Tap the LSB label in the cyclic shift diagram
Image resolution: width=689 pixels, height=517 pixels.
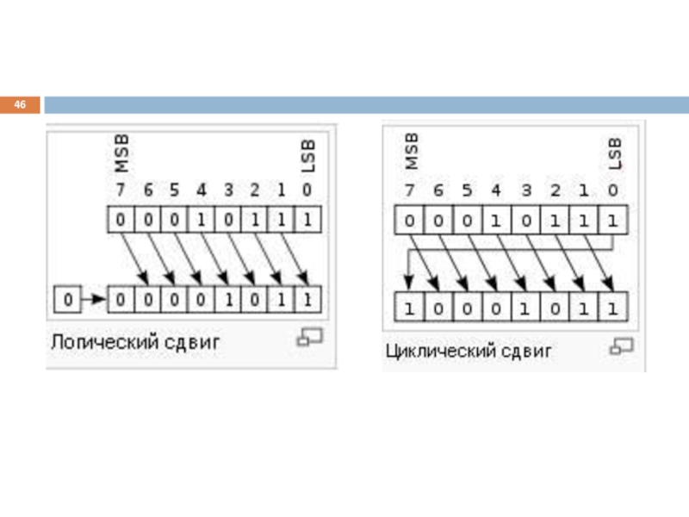614,153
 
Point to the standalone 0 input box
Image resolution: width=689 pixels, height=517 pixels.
68,300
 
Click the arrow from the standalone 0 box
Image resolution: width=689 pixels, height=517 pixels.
93,300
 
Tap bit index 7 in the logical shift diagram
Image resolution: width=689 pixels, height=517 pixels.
120,190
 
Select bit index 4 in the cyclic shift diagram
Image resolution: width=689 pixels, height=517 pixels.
496,190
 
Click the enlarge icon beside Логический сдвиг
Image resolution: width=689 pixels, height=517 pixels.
308,338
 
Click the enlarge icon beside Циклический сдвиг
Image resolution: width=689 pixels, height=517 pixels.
621,346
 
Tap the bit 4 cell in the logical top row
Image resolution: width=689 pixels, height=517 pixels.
202,220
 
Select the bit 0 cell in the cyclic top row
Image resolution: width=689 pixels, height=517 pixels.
612,221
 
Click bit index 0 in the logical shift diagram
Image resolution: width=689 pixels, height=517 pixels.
307,190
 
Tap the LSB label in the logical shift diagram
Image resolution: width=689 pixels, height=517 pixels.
308,156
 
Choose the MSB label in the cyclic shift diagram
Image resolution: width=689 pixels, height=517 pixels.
411,152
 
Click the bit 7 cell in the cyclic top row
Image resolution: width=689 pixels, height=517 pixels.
408,221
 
